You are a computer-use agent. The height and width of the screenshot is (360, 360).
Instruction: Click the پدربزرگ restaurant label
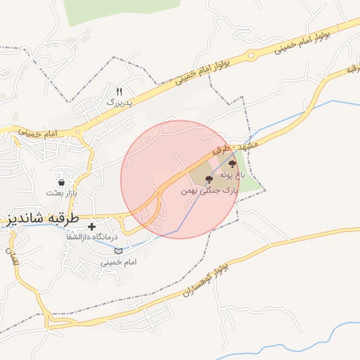coord(120,102)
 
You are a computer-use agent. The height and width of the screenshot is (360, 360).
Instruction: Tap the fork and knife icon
coord(119,91)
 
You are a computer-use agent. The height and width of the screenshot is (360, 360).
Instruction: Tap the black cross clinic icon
coord(91,227)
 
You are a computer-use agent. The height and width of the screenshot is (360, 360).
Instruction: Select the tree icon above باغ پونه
coord(233,163)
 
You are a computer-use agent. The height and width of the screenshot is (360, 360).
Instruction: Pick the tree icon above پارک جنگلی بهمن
coord(208,180)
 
